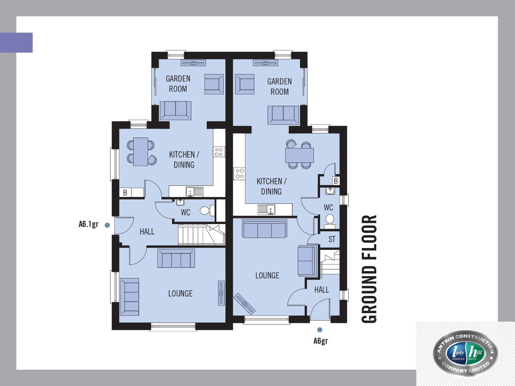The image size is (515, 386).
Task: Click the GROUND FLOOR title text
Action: pyautogui.click(x=369, y=269)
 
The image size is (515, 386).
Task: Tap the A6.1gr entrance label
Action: pyautogui.click(x=88, y=224)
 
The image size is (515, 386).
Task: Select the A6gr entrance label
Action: pyautogui.click(x=320, y=341)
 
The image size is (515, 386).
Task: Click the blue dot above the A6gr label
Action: pyautogui.click(x=320, y=330)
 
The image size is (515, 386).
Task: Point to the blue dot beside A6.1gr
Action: pyautogui.click(x=107, y=225)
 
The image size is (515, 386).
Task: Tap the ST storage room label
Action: pyautogui.click(x=332, y=239)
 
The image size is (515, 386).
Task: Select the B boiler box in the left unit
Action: pyautogui.click(x=125, y=193)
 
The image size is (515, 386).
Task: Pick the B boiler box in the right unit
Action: pyautogui.click(x=336, y=181)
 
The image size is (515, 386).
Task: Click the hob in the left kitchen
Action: pyautogui.click(x=219, y=152)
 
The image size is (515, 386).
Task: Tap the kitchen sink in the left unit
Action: pyautogui.click(x=195, y=192)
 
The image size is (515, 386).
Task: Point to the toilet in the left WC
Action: pyautogui.click(x=207, y=210)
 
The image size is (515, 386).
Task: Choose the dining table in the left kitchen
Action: pyautogui.click(x=141, y=152)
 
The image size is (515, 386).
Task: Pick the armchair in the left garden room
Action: pyautogui.click(x=214, y=84)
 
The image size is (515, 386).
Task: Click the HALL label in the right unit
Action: pyautogui.click(x=322, y=290)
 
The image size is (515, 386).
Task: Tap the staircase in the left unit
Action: pyautogui.click(x=201, y=234)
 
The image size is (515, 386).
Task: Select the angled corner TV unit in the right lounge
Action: pyautogui.click(x=245, y=304)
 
